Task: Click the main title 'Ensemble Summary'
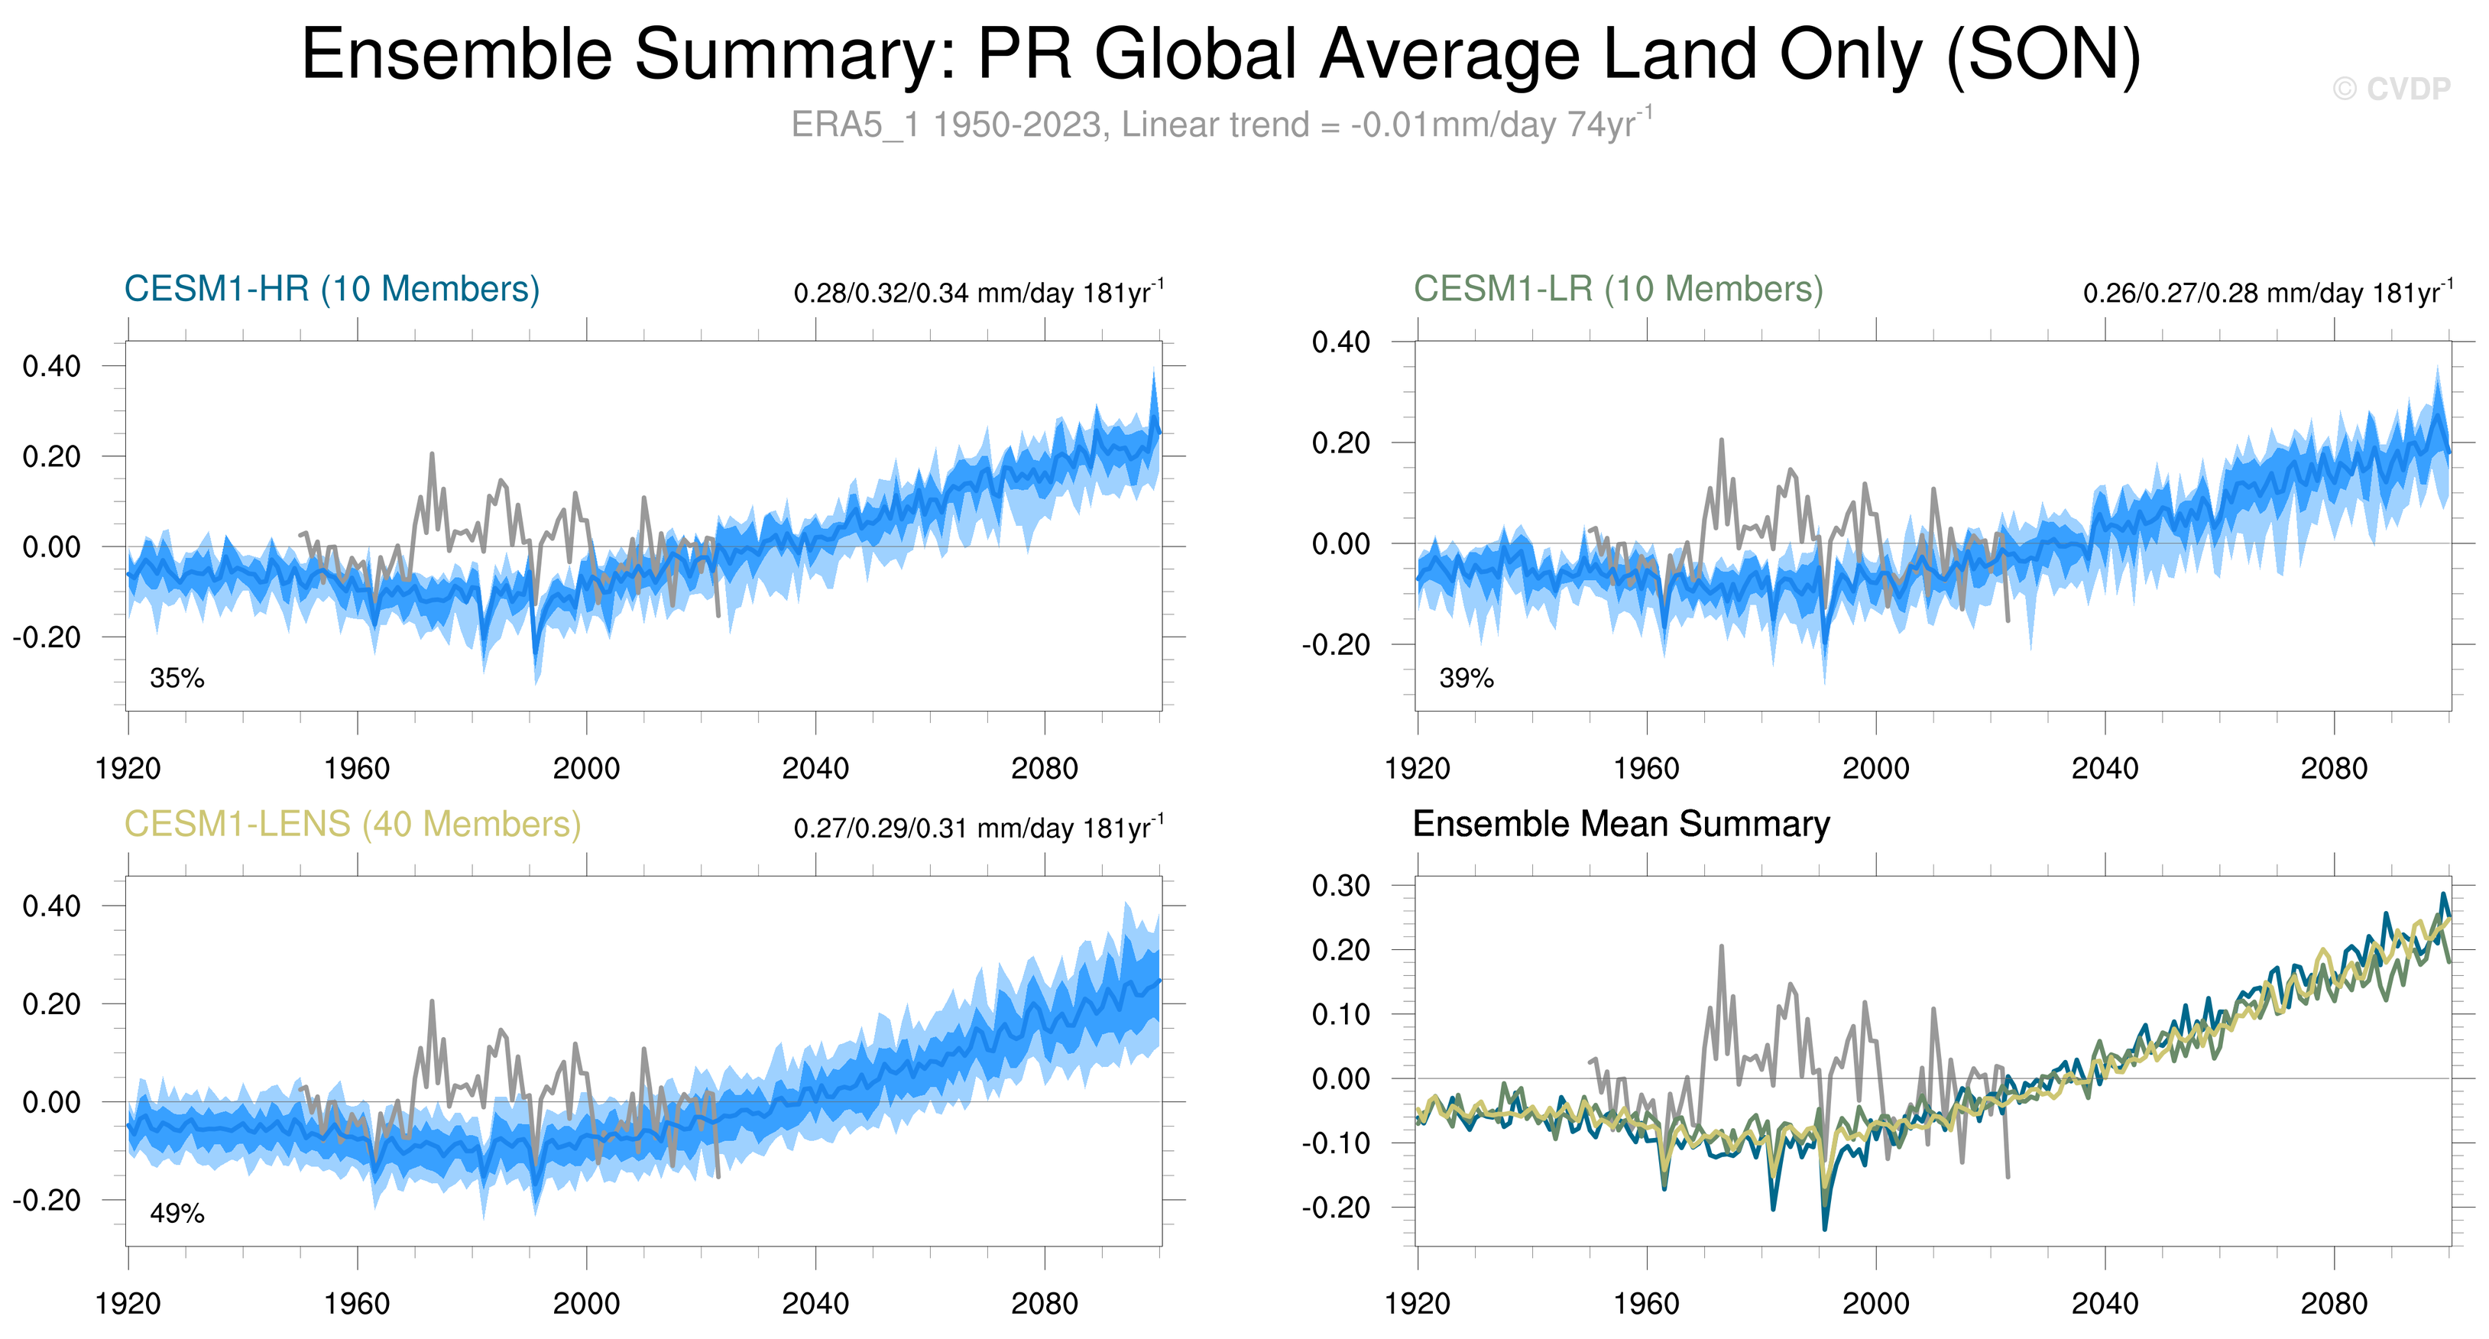(x=1221, y=54)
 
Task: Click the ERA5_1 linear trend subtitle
(x=1221, y=125)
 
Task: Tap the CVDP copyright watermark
(x=2391, y=89)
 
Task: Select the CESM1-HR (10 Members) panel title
(x=332, y=289)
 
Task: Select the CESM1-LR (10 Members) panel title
(x=1619, y=289)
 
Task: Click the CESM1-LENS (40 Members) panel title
(x=352, y=824)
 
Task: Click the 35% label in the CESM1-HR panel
(x=177, y=678)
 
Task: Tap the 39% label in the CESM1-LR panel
(x=1466, y=678)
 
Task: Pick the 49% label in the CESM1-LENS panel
(x=177, y=1214)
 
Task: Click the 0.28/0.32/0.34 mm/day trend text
(x=978, y=293)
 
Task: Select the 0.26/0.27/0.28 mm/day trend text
(x=2267, y=293)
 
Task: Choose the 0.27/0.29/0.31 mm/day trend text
(x=978, y=828)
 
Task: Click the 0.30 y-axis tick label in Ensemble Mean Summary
(x=1340, y=886)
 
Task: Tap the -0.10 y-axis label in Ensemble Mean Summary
(x=1337, y=1143)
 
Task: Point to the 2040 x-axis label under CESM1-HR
(x=815, y=769)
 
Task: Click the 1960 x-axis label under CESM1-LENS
(x=357, y=1304)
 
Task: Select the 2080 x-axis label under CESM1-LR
(x=2333, y=769)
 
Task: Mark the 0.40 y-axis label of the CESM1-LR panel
(x=1340, y=342)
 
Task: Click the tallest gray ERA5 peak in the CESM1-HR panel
(x=432, y=454)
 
